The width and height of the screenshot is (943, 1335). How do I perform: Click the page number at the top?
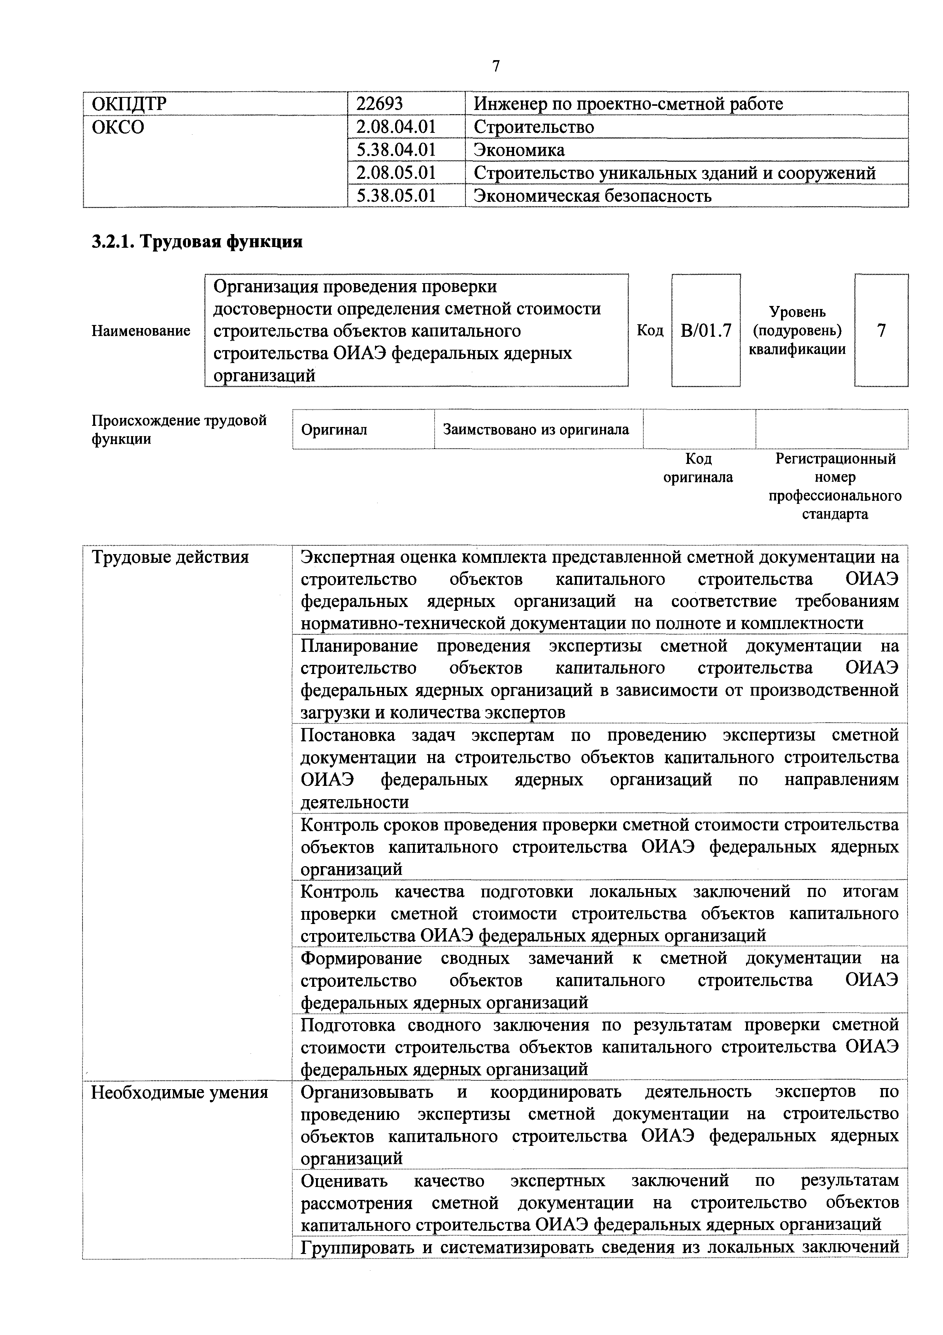tap(495, 66)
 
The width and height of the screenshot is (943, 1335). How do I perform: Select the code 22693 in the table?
tap(379, 104)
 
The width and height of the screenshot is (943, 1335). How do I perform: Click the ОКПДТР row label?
tap(129, 104)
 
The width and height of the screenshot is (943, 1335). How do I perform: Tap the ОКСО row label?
tap(118, 127)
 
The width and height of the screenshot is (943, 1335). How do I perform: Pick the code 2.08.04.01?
tap(396, 127)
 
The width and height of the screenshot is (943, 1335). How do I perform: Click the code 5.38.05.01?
tap(396, 195)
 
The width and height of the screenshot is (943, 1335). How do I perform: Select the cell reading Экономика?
tap(519, 150)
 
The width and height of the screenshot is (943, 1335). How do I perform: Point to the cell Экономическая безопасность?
tap(592, 195)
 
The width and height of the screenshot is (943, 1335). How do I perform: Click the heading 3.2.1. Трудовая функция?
tap(197, 241)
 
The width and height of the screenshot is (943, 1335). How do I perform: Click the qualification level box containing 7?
tap(881, 331)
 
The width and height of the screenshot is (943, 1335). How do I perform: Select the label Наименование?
tap(141, 331)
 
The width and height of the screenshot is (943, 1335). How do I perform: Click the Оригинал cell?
tap(334, 430)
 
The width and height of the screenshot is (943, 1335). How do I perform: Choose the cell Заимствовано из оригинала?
tap(536, 430)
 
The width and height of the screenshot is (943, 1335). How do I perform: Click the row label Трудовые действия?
tap(170, 558)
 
